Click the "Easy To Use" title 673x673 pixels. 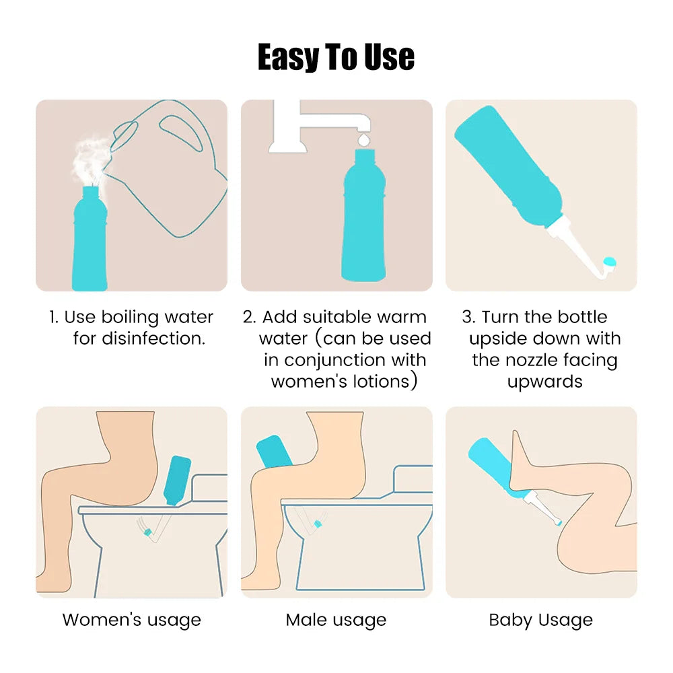[336, 57]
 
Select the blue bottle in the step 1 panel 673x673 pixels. [90, 242]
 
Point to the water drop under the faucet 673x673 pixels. [363, 139]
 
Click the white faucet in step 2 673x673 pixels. [316, 125]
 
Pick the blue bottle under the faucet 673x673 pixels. [363, 222]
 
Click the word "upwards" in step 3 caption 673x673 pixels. [544, 382]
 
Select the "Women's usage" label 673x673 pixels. [131, 620]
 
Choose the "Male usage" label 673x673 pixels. [336, 620]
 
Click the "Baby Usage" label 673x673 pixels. [540, 620]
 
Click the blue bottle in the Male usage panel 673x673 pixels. [275, 451]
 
